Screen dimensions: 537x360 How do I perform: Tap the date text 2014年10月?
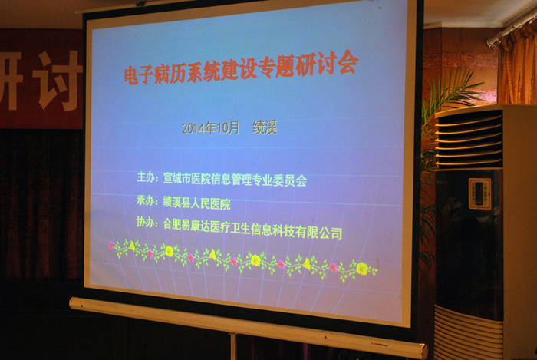pos(210,127)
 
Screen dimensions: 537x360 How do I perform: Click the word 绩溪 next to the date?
pos(265,127)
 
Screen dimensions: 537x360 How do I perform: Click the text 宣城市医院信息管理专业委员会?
pos(235,180)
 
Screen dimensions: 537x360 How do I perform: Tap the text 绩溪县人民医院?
pos(196,203)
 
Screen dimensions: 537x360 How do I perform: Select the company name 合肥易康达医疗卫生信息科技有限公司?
pos(252,230)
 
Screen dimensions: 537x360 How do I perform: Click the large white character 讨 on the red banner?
pos(58,81)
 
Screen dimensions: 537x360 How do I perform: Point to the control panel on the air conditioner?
pos(479,193)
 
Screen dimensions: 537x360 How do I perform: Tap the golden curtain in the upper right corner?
pos(517,64)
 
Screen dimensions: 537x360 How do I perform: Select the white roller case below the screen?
pos(249,326)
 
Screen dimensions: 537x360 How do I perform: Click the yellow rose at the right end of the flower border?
pos(361,269)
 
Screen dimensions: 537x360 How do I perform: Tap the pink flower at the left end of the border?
pos(112,245)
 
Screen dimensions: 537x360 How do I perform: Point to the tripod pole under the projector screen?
pos(233,346)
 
